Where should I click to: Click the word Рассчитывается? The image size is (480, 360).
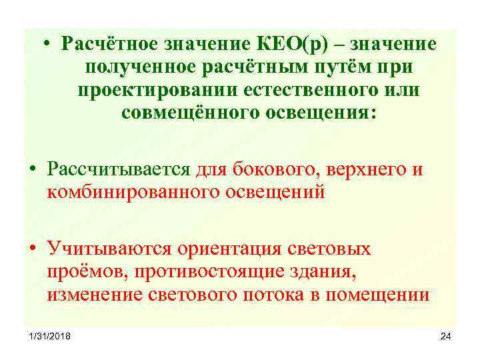click(x=120, y=169)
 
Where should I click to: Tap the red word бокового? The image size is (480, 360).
click(x=271, y=169)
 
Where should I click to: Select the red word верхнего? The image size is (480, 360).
click(x=363, y=169)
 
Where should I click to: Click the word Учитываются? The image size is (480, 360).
click(x=109, y=249)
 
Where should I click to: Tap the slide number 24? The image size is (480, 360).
click(x=445, y=335)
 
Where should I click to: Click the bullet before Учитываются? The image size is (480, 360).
click(x=33, y=249)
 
